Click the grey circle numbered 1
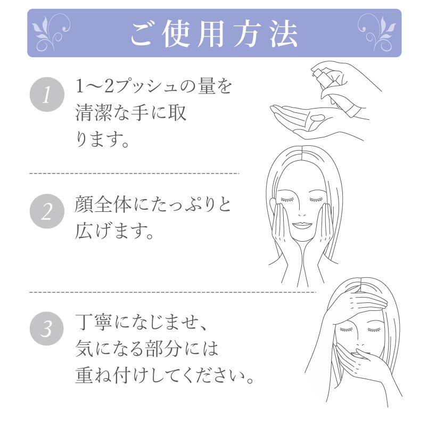(x=46, y=97)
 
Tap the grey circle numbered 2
(x=46, y=213)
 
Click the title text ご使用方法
(x=214, y=32)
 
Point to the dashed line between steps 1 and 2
(x=133, y=174)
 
